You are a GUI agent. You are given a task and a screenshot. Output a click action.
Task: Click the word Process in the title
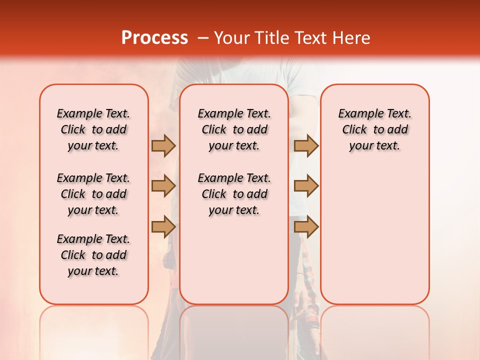[154, 38]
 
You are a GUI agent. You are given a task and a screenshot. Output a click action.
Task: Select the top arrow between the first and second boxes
[163, 146]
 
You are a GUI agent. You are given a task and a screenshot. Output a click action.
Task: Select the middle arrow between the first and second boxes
[163, 186]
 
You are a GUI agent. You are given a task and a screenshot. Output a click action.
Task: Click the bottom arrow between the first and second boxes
[163, 226]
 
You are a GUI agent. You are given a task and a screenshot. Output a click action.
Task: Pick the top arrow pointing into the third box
[306, 146]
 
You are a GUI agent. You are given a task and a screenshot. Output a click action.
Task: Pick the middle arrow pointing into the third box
[306, 186]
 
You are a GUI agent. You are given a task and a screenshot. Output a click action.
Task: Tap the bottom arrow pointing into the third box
[306, 226]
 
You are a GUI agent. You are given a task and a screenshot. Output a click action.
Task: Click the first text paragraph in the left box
[93, 129]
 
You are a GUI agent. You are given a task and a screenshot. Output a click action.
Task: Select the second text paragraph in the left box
[93, 194]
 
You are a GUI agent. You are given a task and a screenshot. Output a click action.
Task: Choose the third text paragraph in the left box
[93, 255]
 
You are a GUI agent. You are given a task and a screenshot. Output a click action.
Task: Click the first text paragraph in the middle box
[234, 129]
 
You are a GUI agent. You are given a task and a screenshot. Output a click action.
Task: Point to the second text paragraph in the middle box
[234, 194]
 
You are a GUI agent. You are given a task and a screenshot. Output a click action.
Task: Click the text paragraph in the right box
[375, 129]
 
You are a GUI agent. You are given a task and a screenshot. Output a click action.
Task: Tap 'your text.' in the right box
[375, 146]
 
